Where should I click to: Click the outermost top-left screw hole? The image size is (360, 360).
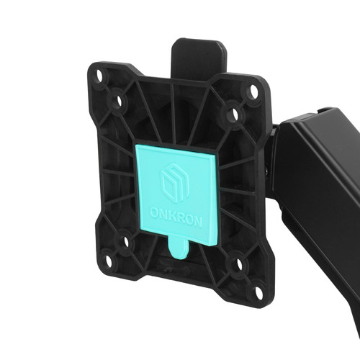click(99, 75)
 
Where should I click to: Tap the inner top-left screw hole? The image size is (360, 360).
click(119, 102)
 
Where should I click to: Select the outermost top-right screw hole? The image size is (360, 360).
click(253, 92)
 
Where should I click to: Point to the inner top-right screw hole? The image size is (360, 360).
click(235, 114)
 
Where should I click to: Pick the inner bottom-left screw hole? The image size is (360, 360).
click(126, 242)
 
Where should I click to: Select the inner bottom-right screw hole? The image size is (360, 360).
click(240, 264)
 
